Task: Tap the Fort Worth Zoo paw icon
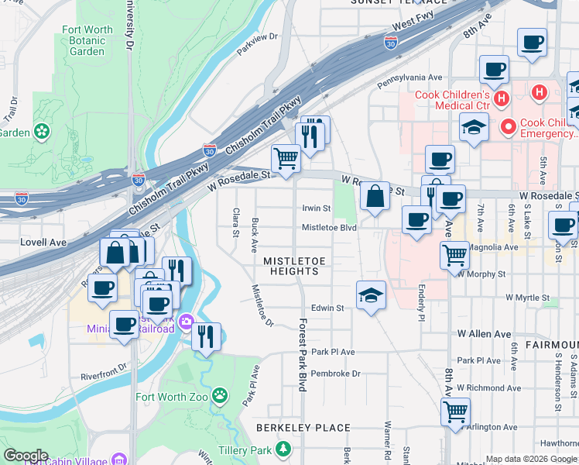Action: pyautogui.click(x=221, y=396)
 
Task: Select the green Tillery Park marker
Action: pyautogui.click(x=286, y=449)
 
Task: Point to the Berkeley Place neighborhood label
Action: pyautogui.click(x=303, y=428)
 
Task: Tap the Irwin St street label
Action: pyautogui.click(x=316, y=208)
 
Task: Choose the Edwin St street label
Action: pyautogui.click(x=327, y=308)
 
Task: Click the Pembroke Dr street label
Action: pyautogui.click(x=335, y=373)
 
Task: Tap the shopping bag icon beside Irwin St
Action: pyautogui.click(x=375, y=197)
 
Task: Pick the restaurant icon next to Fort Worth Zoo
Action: pyautogui.click(x=206, y=337)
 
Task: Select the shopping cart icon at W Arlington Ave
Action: pyautogui.click(x=455, y=412)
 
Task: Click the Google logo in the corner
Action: pyautogui.click(x=26, y=456)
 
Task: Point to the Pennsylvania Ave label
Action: pyautogui.click(x=409, y=78)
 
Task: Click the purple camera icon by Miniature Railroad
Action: pyautogui.click(x=186, y=322)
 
